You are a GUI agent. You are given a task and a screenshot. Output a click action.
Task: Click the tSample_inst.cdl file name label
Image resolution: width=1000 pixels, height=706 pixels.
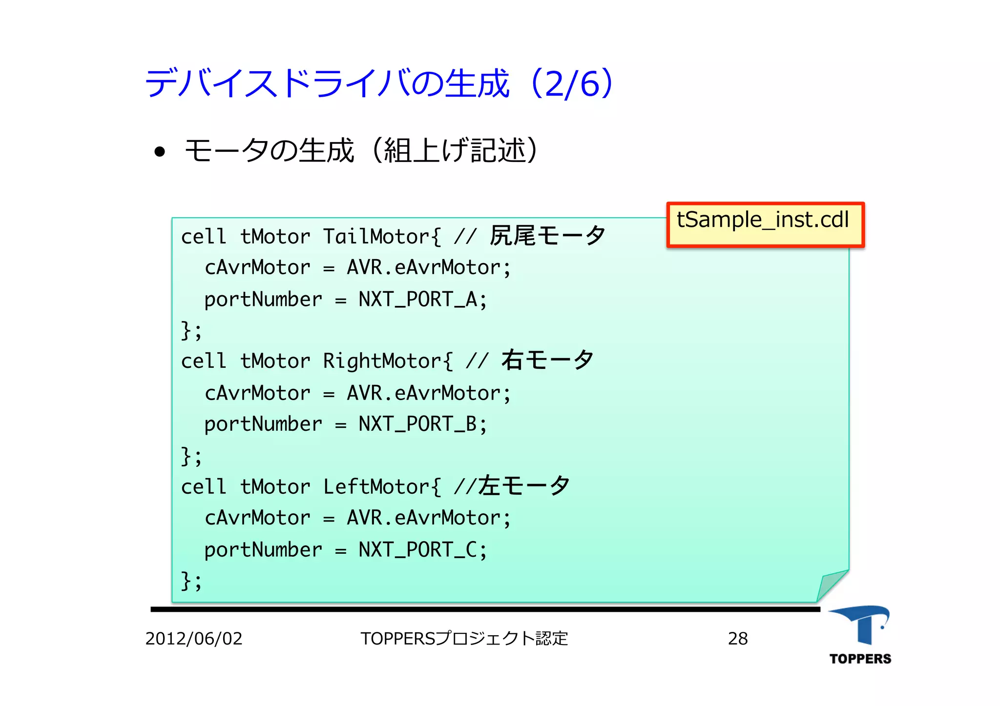point(765,224)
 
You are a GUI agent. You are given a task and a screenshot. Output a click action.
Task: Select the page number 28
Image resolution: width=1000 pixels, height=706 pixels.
point(737,639)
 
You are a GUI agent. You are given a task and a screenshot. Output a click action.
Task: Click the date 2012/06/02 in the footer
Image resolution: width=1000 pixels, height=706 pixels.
point(194,639)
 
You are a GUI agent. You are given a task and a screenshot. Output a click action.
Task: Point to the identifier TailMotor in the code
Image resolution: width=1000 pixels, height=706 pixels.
point(376,237)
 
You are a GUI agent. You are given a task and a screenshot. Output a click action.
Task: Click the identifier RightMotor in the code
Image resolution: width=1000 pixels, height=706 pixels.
point(382,362)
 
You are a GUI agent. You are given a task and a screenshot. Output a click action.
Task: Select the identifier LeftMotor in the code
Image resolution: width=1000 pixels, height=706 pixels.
point(376,487)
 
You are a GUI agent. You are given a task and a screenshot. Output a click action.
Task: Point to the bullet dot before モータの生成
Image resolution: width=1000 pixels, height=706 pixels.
point(159,152)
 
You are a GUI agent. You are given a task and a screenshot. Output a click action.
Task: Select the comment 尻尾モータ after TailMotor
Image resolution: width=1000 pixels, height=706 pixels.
point(547,236)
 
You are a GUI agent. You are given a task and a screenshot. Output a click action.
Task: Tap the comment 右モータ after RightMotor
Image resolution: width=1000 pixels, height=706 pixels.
point(547,361)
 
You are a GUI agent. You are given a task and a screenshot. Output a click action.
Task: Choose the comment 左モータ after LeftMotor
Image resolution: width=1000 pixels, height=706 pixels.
point(523,486)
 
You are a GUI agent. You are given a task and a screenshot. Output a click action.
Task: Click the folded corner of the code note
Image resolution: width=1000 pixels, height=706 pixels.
point(833,585)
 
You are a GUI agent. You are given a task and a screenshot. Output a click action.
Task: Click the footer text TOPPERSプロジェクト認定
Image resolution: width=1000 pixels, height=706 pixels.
point(464,639)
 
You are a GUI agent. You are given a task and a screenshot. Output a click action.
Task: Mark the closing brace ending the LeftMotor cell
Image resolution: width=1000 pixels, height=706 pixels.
point(186,581)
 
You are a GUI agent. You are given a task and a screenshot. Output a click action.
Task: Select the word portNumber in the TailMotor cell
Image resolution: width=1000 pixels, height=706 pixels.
point(263,300)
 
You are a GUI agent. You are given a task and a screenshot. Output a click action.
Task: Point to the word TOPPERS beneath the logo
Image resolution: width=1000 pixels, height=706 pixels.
point(860,659)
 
